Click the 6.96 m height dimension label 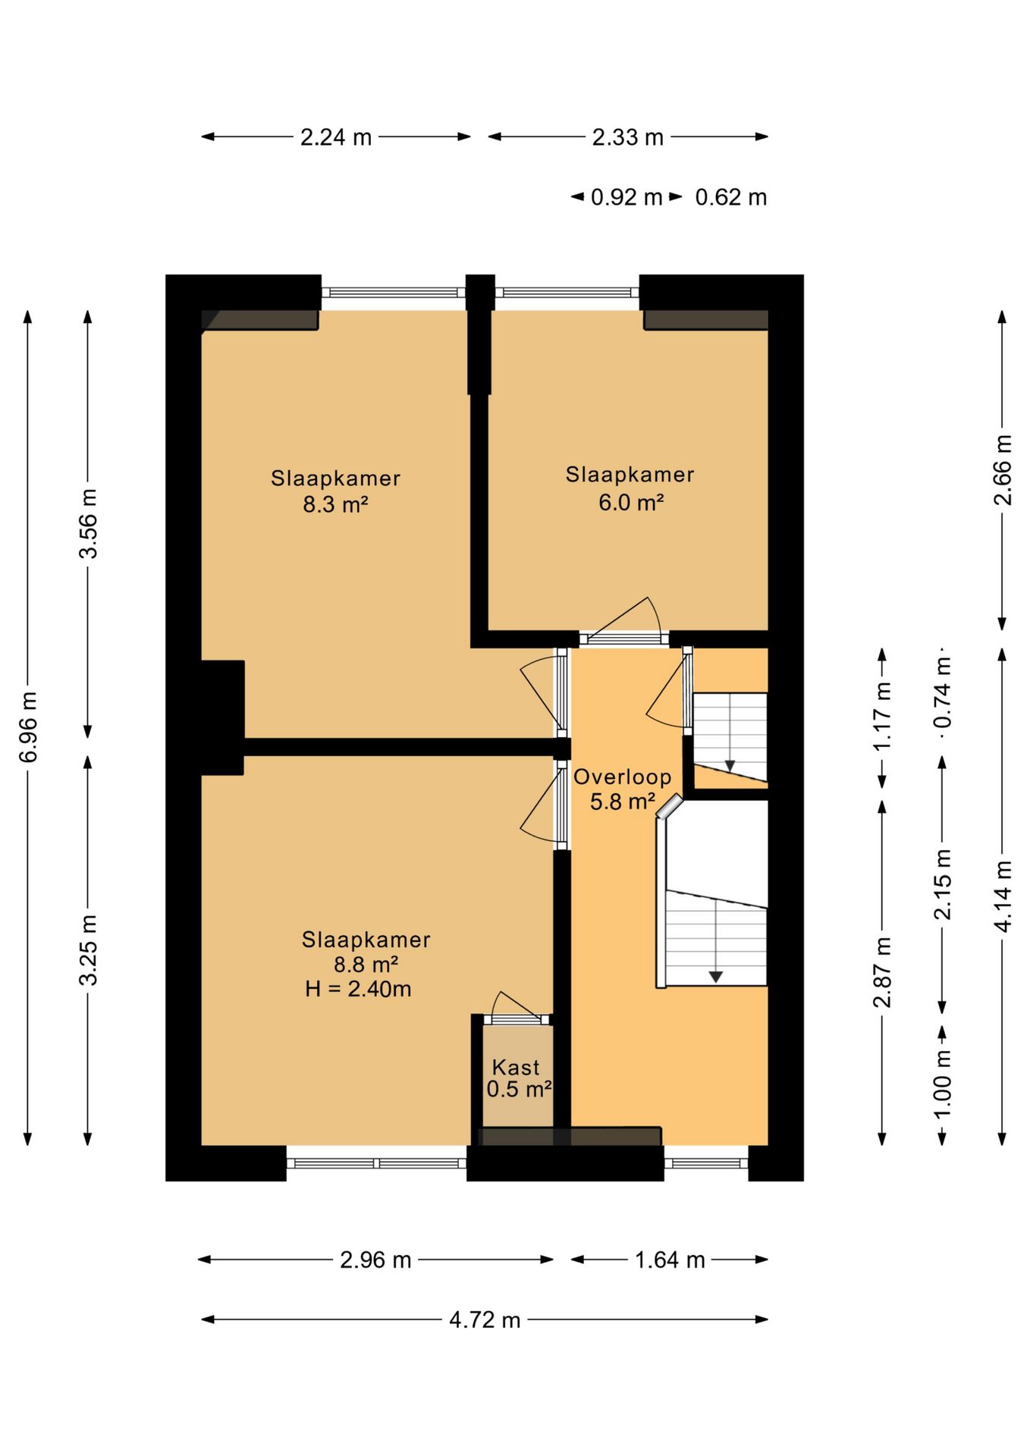coord(28,727)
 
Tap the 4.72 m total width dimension coord(485,1320)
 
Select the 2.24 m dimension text coord(336,137)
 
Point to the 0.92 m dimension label coord(626,197)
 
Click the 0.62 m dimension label coord(731,197)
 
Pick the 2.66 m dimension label coord(1003,469)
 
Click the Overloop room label coord(623,777)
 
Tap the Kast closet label coord(516,1067)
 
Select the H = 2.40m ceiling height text coord(358,989)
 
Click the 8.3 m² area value coord(336,504)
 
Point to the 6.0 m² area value coord(631,502)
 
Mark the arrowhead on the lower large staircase coord(715,977)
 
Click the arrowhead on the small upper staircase coord(730,766)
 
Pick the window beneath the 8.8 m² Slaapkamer coord(377,1163)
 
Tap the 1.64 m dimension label coord(670,1260)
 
